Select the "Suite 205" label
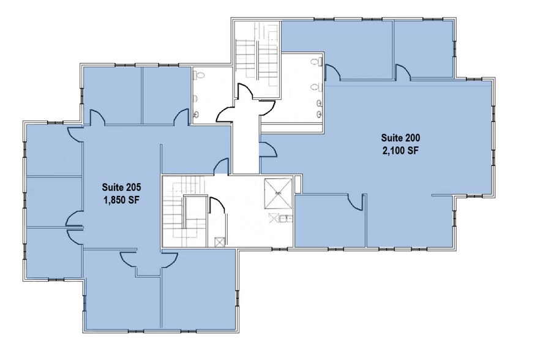click(x=119, y=187)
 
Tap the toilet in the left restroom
click(x=200, y=76)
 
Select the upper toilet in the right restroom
click(x=316, y=62)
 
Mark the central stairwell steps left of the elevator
click(x=184, y=211)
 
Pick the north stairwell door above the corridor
click(x=247, y=96)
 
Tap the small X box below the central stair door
click(x=220, y=241)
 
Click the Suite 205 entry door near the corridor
click(x=222, y=167)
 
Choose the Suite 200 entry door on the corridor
click(x=267, y=149)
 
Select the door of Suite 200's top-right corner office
click(x=402, y=73)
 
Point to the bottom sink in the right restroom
click(x=319, y=114)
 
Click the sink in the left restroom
click(x=197, y=114)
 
